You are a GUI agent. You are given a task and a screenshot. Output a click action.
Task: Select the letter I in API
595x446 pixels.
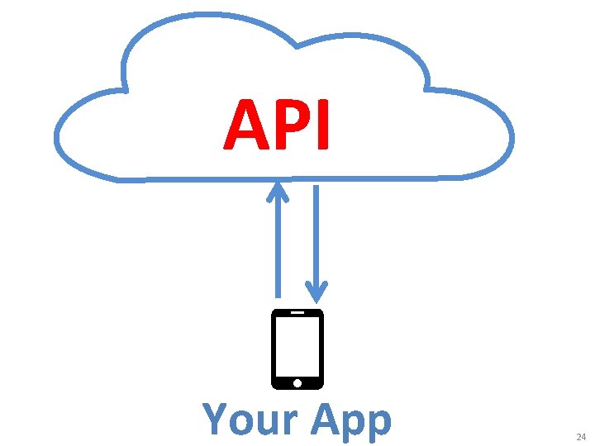(323, 126)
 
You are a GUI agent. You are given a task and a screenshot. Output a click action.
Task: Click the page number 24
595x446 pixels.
(580, 436)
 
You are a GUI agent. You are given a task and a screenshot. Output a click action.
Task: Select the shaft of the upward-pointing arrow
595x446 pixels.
(278, 248)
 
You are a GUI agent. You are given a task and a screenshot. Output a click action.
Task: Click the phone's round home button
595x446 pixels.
(297, 382)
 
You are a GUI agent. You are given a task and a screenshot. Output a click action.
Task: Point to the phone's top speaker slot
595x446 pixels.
(297, 313)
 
